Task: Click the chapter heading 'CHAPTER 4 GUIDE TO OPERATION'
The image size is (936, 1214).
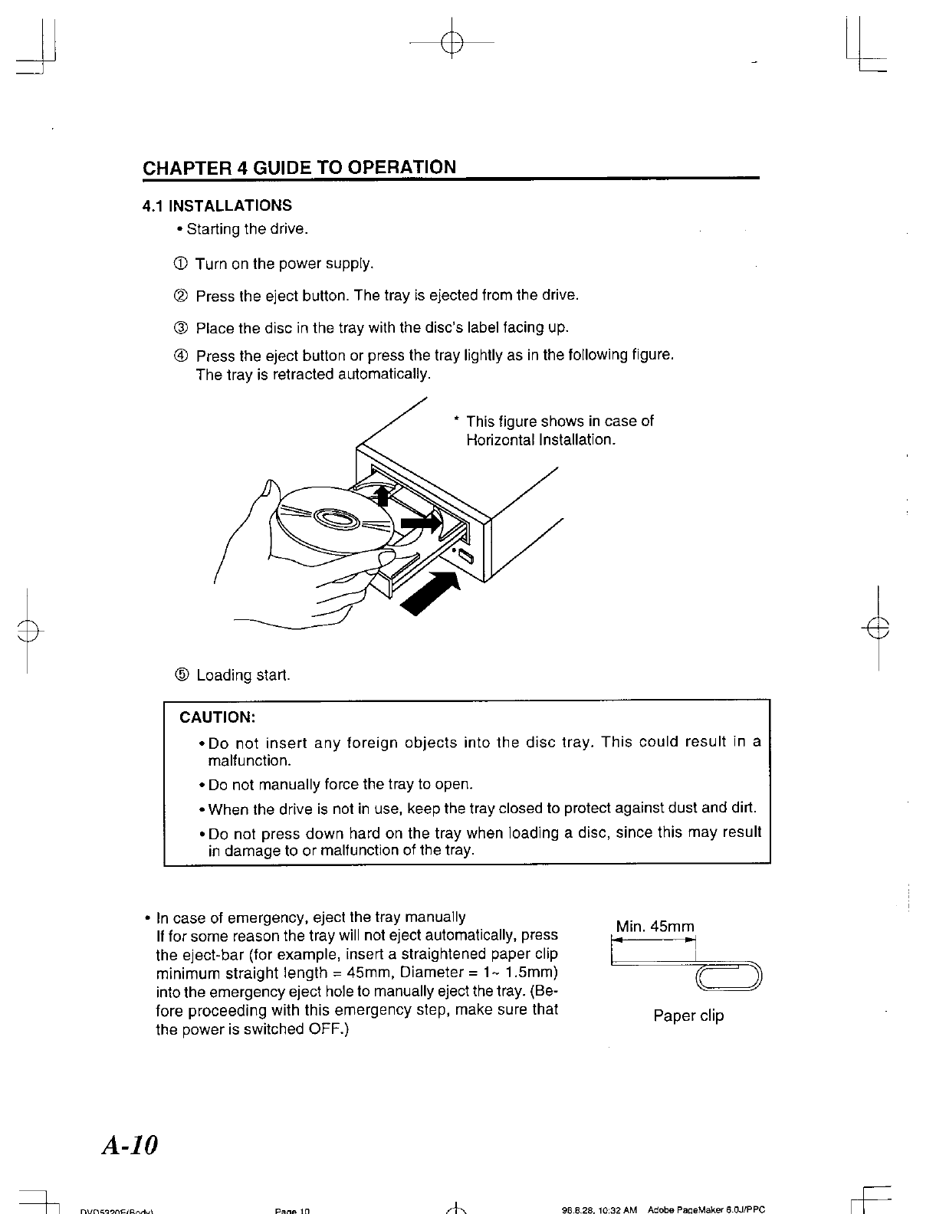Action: coord(299,167)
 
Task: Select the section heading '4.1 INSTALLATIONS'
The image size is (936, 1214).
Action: coord(218,205)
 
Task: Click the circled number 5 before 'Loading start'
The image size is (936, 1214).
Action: coord(182,675)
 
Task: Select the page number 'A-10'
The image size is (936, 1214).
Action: coord(129,1145)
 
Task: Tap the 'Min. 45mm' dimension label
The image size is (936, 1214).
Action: coord(655,927)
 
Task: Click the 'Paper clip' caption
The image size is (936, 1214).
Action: coord(688,1016)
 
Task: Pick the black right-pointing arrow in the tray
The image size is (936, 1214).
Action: coord(423,523)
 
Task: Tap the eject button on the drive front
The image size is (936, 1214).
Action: coord(466,558)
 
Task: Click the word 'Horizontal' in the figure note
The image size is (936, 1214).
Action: coord(501,441)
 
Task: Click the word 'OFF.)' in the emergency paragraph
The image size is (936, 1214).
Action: coord(329,1029)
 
